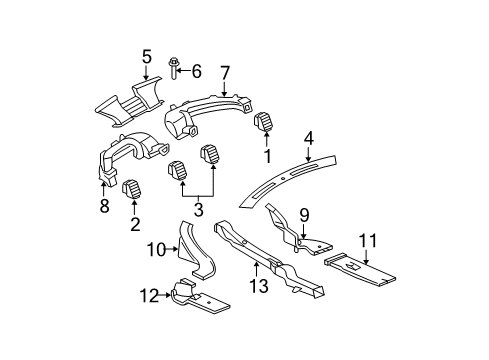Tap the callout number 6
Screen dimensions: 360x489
coord(197,71)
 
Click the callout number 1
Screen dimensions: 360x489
coord(266,156)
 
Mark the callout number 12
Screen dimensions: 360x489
coord(150,295)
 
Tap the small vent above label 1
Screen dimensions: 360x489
coord(266,124)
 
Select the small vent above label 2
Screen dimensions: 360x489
coord(131,188)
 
